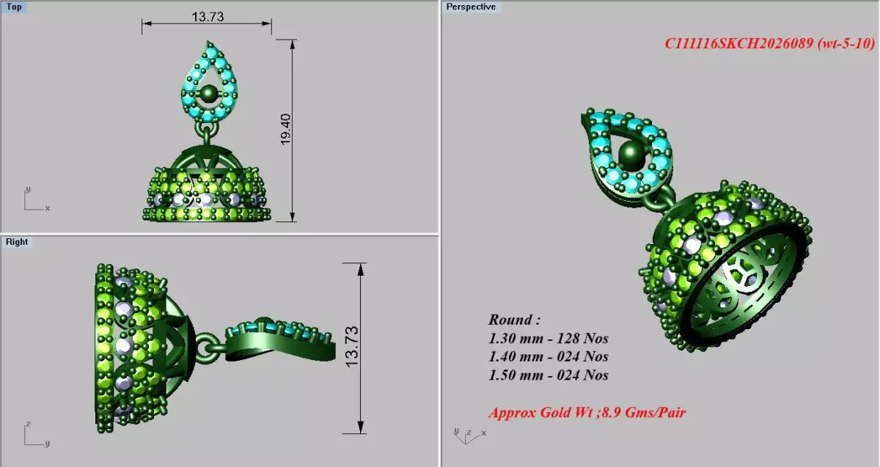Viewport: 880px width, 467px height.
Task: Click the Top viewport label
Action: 15,7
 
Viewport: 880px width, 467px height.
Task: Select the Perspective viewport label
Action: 471,7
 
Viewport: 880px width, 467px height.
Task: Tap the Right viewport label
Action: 17,242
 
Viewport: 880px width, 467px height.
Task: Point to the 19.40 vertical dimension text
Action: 286,129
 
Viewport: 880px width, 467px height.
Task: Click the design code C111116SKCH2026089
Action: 741,44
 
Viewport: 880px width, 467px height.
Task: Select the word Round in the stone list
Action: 513,320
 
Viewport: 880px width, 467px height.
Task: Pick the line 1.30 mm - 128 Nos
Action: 549,339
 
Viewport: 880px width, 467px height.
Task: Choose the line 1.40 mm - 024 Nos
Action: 549,357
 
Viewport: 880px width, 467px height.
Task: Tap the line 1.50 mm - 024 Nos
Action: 549,375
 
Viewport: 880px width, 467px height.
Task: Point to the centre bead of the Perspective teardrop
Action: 629,153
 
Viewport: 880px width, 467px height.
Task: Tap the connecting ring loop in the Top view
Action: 207,133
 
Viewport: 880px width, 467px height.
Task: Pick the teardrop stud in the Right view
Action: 278,339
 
